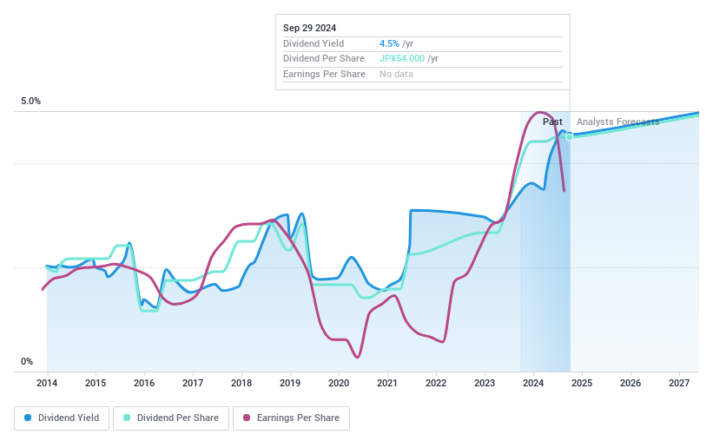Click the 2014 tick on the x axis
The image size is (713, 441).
click(x=47, y=383)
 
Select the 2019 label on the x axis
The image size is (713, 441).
click(x=290, y=383)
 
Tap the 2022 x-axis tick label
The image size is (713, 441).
click(x=436, y=383)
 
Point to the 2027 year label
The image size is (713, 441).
click(x=679, y=383)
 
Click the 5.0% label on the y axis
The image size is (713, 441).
click(x=30, y=102)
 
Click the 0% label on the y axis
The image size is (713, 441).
click(x=27, y=362)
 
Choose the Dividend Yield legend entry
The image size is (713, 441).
click(x=62, y=418)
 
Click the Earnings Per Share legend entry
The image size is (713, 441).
click(x=292, y=418)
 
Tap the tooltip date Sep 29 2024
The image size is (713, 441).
click(x=309, y=28)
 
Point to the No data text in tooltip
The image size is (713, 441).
click(x=396, y=75)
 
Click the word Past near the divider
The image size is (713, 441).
click(x=552, y=122)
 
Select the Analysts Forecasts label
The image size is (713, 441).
click(x=617, y=122)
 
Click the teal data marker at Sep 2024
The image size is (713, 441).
click(x=570, y=136)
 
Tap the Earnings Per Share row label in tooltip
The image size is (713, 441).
click(x=324, y=75)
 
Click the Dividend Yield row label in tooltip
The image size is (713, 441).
click(x=314, y=43)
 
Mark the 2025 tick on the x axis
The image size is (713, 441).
click(x=582, y=383)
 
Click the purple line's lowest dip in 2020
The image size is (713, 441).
click(x=358, y=357)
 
